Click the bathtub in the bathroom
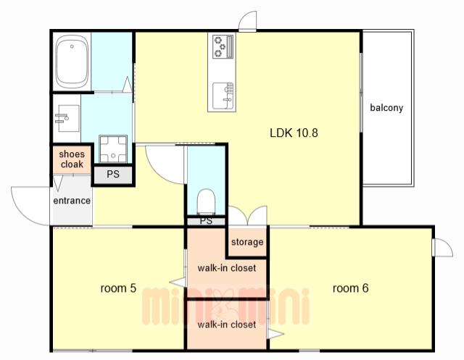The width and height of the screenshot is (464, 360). [x=72, y=62]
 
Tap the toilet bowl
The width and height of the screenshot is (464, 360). [x=206, y=201]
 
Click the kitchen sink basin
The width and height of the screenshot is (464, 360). [x=223, y=95]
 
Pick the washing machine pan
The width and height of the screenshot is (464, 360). [x=113, y=149]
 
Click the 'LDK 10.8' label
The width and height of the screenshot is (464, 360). [x=294, y=133]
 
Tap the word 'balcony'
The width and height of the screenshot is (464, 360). [x=386, y=108]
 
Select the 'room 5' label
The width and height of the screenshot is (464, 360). [x=118, y=288]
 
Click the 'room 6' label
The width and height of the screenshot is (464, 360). [x=351, y=288]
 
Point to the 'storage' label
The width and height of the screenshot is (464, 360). [x=247, y=242]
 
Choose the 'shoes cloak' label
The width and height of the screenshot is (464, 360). [x=72, y=159]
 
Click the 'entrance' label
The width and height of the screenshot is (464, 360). [x=72, y=201]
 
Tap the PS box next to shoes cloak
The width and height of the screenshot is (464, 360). [x=113, y=175]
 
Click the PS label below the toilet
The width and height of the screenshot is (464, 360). [x=206, y=221]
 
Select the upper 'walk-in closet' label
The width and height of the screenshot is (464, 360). [x=227, y=268]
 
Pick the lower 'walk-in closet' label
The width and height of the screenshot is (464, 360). [x=227, y=325]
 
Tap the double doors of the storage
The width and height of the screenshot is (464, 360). [x=248, y=216]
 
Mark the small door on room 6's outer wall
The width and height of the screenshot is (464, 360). [x=443, y=248]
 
